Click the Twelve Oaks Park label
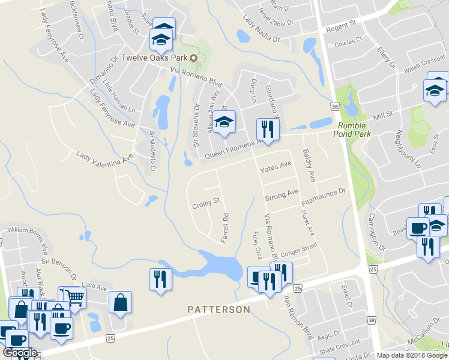click(155, 58)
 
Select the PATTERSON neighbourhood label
click(218, 310)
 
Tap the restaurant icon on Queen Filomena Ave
click(267, 129)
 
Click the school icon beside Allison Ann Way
click(224, 122)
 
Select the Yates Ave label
click(275, 167)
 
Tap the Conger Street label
click(298, 248)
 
